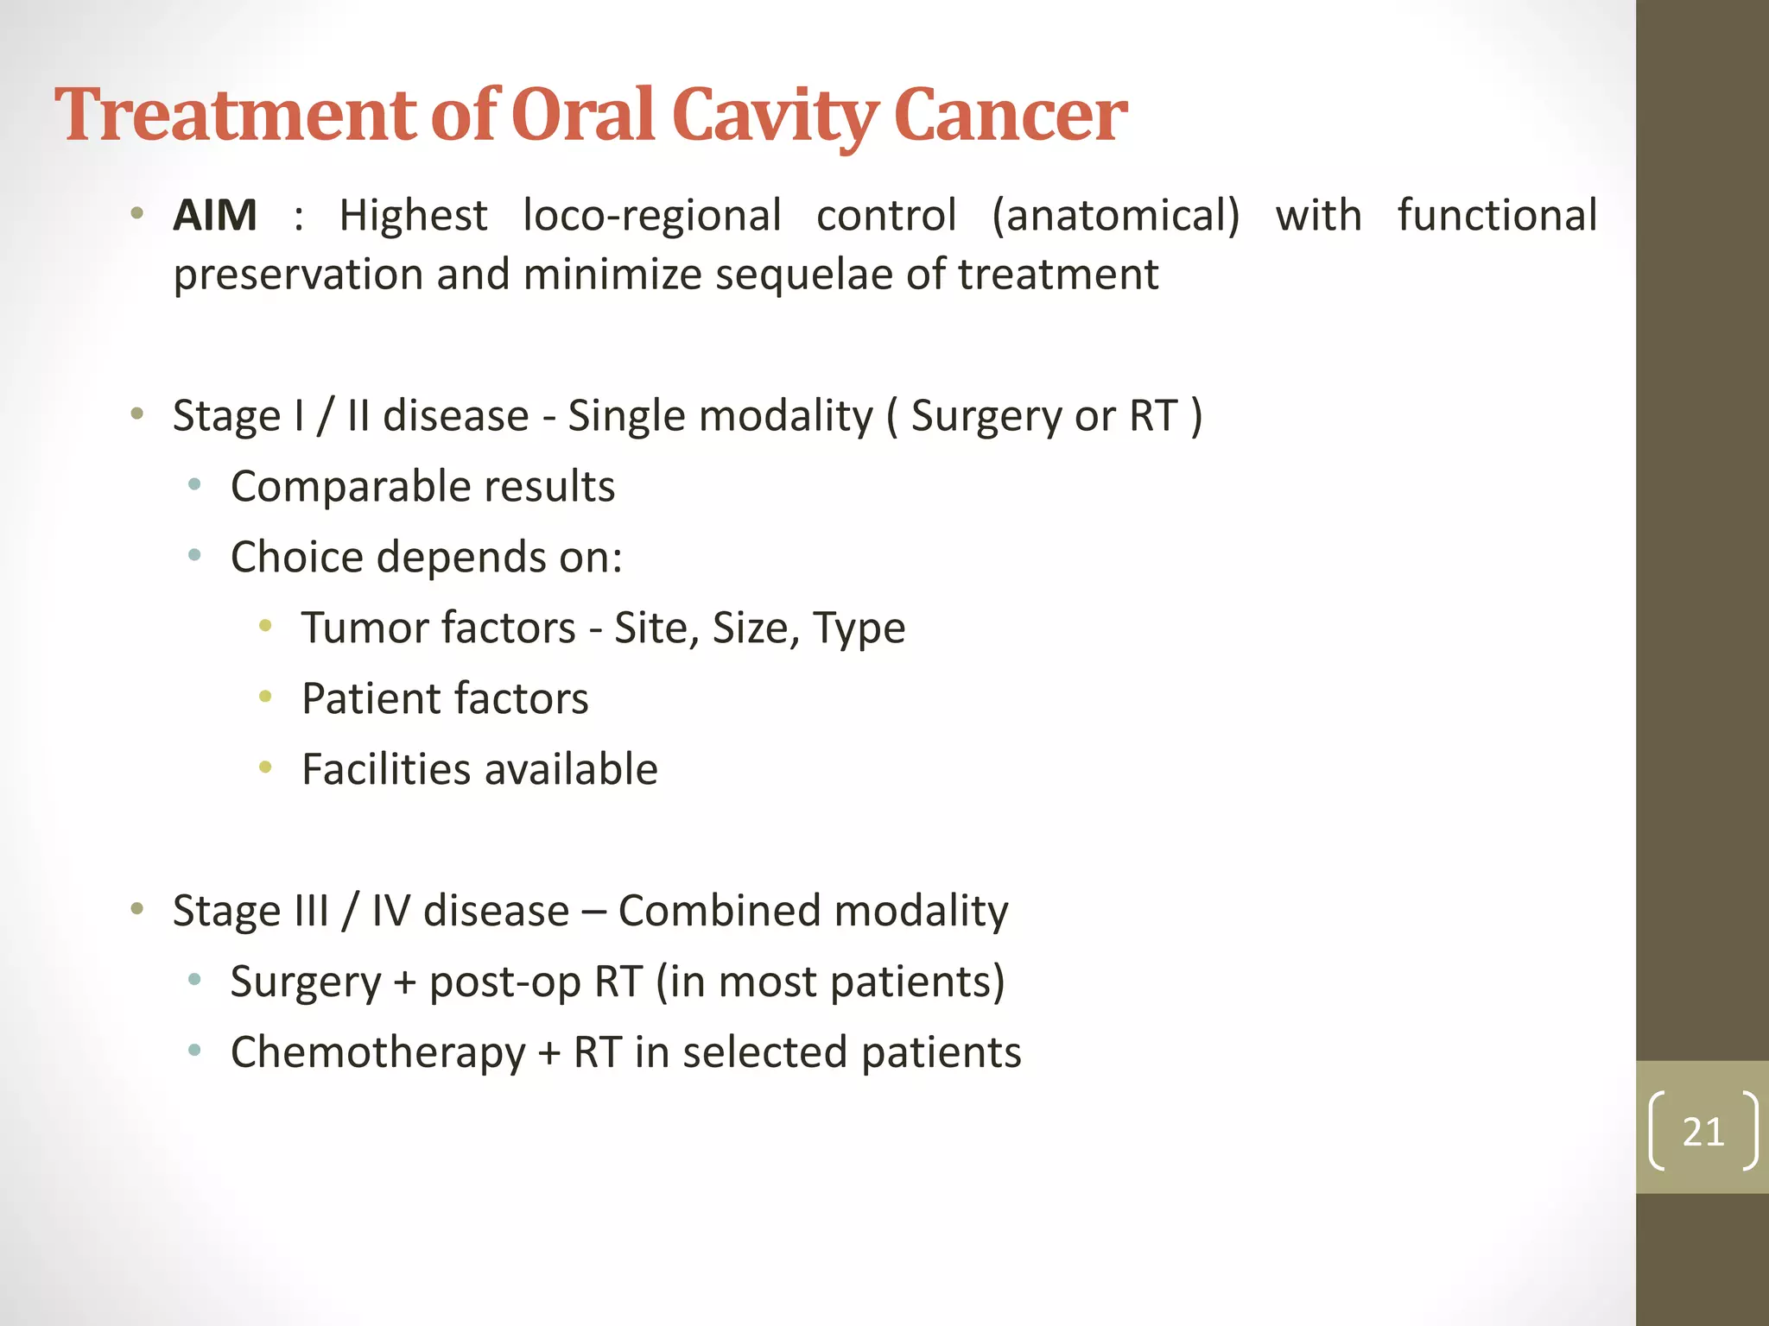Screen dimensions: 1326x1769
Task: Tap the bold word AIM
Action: (x=215, y=216)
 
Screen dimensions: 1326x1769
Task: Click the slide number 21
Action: (x=1702, y=1132)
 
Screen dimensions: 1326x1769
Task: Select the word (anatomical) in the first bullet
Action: (x=1115, y=216)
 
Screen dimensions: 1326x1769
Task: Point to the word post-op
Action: (x=504, y=982)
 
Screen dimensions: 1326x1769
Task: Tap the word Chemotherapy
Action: (x=377, y=1053)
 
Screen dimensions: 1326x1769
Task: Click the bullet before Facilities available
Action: (x=265, y=767)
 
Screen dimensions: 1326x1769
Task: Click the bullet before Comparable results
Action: (x=194, y=484)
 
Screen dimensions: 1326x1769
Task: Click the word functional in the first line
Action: (x=1497, y=216)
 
